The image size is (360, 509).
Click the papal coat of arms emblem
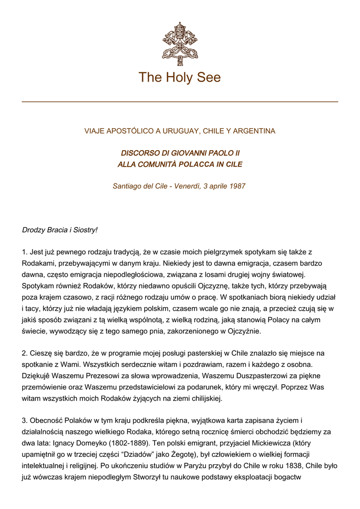tap(180, 44)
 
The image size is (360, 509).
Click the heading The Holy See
tap(180, 78)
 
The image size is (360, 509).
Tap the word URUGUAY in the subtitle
tap(178, 131)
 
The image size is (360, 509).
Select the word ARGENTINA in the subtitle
tap(252, 131)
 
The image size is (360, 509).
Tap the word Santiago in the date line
tap(127, 186)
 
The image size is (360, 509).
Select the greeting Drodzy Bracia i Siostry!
tap(60, 230)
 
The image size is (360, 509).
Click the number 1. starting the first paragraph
tap(25, 253)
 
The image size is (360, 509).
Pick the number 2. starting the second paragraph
tap(25, 353)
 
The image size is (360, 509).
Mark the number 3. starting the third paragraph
tap(25, 421)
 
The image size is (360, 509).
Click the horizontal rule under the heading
tap(180, 102)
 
